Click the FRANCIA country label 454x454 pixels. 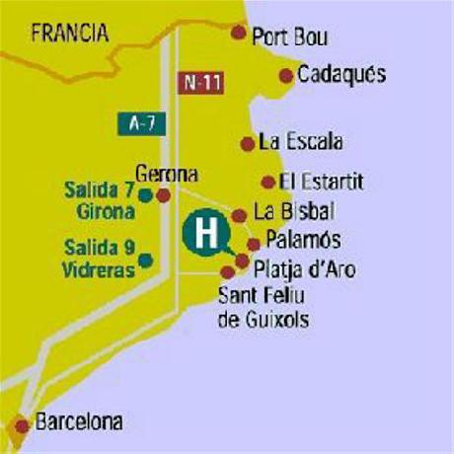point(68,34)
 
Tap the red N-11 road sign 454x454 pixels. point(201,83)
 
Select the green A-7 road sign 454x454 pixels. point(148,123)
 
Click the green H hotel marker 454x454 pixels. point(205,235)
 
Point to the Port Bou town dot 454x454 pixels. point(238,33)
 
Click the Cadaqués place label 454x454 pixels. point(341,74)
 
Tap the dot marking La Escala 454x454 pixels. point(247,143)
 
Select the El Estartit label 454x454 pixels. point(322,182)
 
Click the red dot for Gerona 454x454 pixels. point(164,194)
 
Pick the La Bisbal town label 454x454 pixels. point(294,211)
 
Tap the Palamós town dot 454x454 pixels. point(254,244)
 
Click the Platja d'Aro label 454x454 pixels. point(305,269)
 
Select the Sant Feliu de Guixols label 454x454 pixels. point(263,306)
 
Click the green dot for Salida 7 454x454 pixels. point(146,194)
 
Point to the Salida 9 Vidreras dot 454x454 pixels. point(146,260)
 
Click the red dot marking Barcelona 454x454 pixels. point(23,426)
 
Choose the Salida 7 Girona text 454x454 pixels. point(99,197)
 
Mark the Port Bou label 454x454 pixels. point(290,38)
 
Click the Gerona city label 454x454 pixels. point(167,175)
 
